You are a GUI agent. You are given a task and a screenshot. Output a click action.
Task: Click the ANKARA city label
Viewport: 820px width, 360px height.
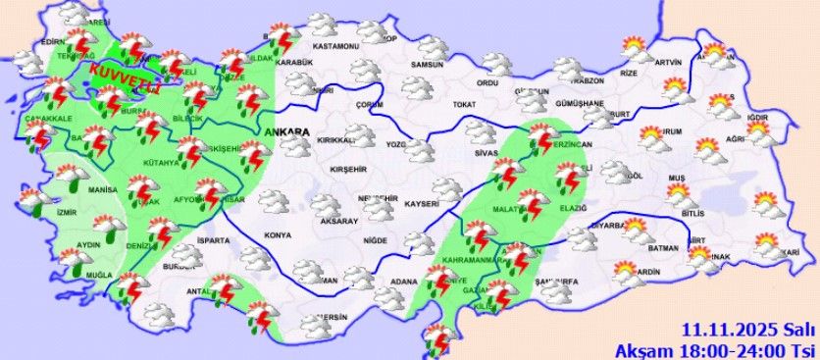pos(286,131)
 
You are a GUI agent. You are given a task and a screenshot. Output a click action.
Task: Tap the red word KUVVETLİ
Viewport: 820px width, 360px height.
pos(124,77)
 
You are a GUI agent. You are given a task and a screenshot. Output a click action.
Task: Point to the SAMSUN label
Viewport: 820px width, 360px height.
pos(429,65)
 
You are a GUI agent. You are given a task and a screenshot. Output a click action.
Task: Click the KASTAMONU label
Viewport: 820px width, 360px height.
pos(336,46)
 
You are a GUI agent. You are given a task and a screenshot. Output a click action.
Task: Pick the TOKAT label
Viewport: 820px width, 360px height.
pos(464,104)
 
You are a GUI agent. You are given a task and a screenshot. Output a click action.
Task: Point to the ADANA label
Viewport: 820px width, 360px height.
pos(403,283)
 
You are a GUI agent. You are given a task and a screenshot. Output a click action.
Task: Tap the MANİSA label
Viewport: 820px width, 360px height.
pos(102,188)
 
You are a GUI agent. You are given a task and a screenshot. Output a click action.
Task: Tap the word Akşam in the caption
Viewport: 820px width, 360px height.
pos(638,349)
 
